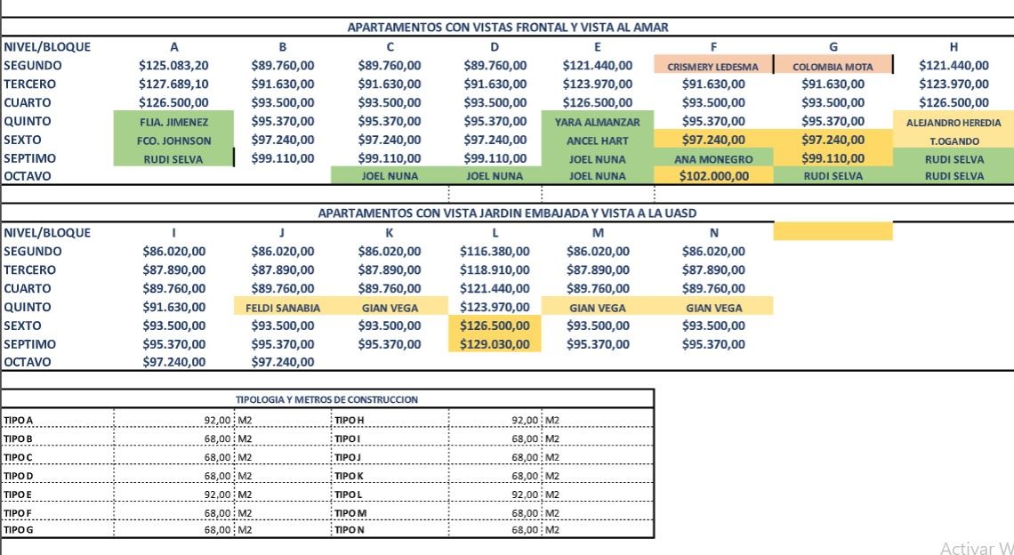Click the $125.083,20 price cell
(x=173, y=65)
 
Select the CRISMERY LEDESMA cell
(x=712, y=66)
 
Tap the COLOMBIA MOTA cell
(x=833, y=66)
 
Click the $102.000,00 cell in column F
(x=712, y=176)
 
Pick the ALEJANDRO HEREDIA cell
(x=954, y=122)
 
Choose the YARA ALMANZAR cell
(x=597, y=122)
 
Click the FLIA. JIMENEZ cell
(x=173, y=122)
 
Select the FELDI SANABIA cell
(x=282, y=308)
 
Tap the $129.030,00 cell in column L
(x=495, y=344)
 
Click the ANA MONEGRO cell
(x=712, y=159)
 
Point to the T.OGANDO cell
(x=954, y=141)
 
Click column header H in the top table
(x=954, y=46)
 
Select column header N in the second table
(x=712, y=233)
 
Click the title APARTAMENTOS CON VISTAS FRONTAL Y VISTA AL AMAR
(x=507, y=28)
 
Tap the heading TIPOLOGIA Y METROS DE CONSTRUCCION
(x=326, y=399)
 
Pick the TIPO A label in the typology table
(x=19, y=420)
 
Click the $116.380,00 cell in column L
(x=495, y=252)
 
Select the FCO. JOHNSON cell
(x=173, y=141)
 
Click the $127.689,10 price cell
(x=173, y=84)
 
